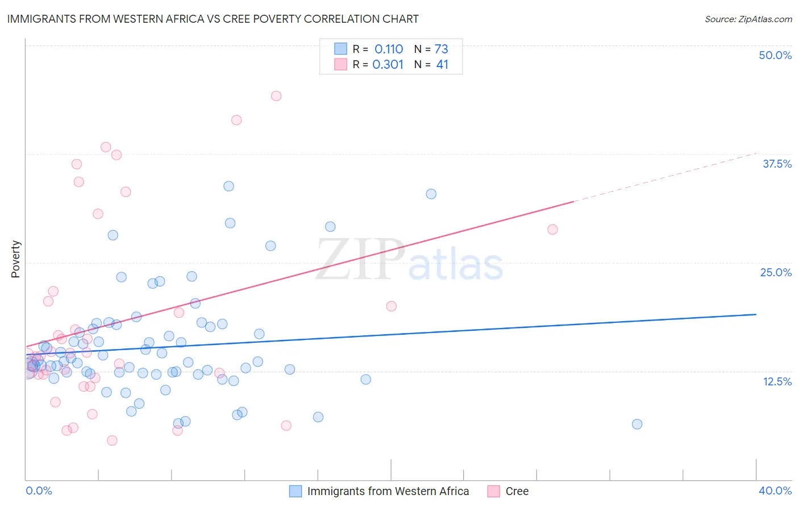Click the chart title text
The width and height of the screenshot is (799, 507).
pyautogui.click(x=213, y=19)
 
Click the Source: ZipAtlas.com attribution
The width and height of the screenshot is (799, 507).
pyautogui.click(x=748, y=19)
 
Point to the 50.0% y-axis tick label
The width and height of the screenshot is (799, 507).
pyautogui.click(x=775, y=55)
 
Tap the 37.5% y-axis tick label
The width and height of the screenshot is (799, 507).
pyautogui.click(x=777, y=164)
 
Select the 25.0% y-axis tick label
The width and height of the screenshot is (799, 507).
pyautogui.click(x=776, y=272)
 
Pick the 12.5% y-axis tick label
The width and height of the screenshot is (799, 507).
pyautogui.click(x=777, y=381)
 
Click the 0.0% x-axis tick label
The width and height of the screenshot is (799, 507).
pyautogui.click(x=39, y=491)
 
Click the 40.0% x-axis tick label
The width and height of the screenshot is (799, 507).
pyautogui.click(x=775, y=491)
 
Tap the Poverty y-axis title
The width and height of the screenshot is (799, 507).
pyautogui.click(x=15, y=259)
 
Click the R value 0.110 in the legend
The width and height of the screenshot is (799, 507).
pyautogui.click(x=389, y=49)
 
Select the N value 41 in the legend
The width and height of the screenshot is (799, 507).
pyautogui.click(x=442, y=64)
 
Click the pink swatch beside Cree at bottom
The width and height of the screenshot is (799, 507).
pyautogui.click(x=493, y=491)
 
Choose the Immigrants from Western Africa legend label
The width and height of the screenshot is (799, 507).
pyautogui.click(x=388, y=491)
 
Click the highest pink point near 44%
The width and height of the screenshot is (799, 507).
pyautogui.click(x=276, y=95)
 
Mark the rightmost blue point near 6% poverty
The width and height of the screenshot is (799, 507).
pyautogui.click(x=637, y=424)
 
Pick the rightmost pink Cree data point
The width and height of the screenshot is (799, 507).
pyautogui.click(x=552, y=230)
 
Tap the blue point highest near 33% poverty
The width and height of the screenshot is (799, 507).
pyautogui.click(x=228, y=186)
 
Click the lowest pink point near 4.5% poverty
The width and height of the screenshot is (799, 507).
pyautogui.click(x=112, y=440)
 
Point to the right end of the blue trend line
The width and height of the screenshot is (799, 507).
pyautogui.click(x=756, y=314)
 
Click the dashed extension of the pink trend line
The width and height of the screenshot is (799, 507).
pyautogui.click(x=665, y=177)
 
